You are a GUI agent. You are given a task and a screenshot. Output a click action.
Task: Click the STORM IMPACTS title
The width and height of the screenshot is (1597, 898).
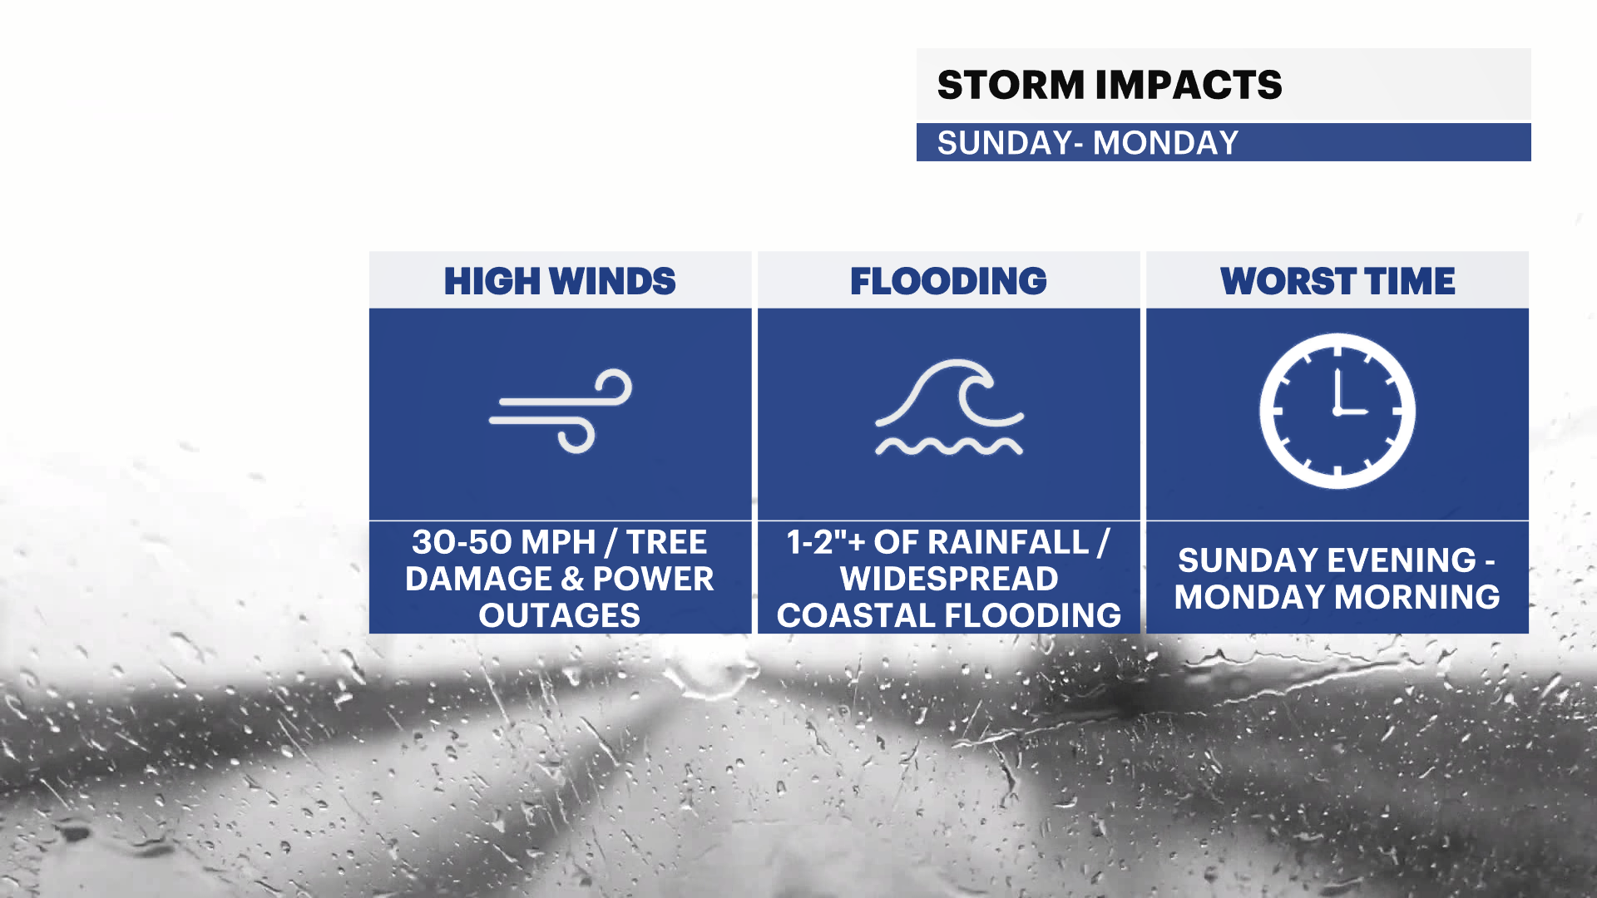pos(1110,85)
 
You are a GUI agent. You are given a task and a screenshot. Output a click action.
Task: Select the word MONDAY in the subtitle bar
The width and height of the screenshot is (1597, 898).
pos(1165,143)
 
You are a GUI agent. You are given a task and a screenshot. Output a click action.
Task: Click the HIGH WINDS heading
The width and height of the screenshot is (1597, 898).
pos(560,281)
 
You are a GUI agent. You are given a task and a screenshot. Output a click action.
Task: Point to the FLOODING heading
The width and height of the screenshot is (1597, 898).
pos(948,281)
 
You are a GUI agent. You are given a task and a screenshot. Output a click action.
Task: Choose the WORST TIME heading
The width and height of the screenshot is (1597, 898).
pos(1337,281)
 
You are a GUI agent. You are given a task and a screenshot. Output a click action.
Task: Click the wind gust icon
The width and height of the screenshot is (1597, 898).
pos(561,411)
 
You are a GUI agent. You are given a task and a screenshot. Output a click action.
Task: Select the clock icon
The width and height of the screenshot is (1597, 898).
pos(1337,411)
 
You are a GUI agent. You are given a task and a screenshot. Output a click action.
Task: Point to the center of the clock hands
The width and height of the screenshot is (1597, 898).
pos(1337,412)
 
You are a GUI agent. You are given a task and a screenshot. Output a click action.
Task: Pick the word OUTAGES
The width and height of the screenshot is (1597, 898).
pos(559,615)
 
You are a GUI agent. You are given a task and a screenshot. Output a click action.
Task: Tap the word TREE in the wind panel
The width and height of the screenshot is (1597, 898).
pos(666,542)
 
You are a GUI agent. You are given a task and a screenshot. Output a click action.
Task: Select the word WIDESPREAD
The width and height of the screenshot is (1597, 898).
pos(949,579)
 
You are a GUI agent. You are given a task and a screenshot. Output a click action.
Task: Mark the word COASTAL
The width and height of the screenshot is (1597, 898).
pos(857,615)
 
